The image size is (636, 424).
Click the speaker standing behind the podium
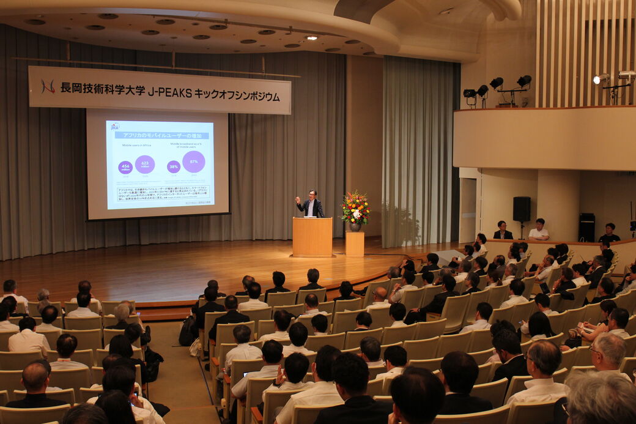[311, 205]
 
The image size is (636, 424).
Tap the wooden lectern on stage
[312, 237]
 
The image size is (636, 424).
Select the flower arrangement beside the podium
[355, 209]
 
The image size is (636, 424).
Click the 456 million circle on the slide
[125, 167]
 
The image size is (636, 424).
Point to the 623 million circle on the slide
[145, 164]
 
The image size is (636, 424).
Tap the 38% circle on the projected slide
[174, 166]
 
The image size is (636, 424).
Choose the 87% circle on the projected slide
[193, 162]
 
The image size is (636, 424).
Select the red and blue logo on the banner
[48, 87]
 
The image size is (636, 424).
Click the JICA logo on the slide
[114, 126]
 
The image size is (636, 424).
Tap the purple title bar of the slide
[161, 135]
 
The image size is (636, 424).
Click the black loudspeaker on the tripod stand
[521, 209]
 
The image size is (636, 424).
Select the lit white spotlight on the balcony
[601, 79]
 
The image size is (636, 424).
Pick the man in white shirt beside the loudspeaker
[539, 230]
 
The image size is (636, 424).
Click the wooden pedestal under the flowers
[354, 244]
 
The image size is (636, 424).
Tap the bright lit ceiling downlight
[311, 38]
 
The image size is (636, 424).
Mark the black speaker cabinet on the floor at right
[586, 227]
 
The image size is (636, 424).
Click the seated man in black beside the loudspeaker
[503, 231]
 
